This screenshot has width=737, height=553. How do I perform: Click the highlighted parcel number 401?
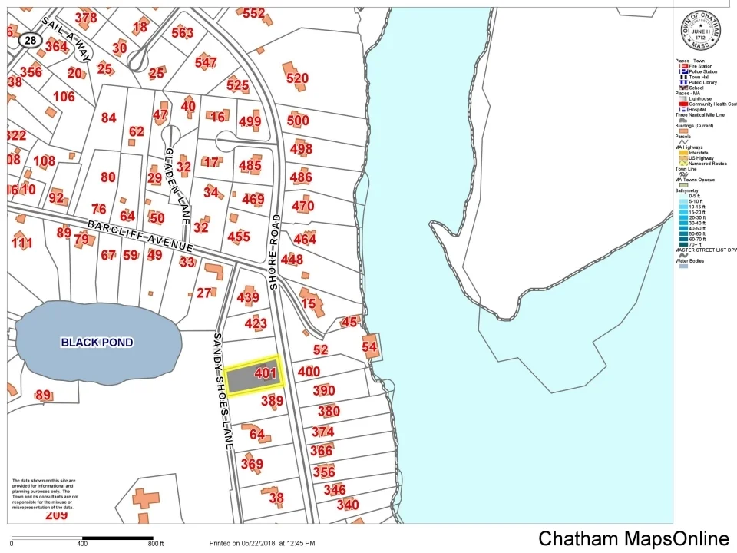pyautogui.click(x=265, y=374)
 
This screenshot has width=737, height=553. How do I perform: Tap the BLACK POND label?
pyautogui.click(x=97, y=343)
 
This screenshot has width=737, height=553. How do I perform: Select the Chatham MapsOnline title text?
pyautogui.click(x=633, y=538)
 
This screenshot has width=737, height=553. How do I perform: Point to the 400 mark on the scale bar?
pyautogui.click(x=82, y=544)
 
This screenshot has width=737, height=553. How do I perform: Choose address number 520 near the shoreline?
pyautogui.click(x=297, y=78)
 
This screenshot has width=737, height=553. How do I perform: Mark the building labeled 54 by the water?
pyautogui.click(x=370, y=347)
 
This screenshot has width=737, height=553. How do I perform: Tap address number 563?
pyautogui.click(x=183, y=32)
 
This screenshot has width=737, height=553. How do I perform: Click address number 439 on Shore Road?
pyautogui.click(x=248, y=297)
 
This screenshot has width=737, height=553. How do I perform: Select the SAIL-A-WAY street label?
pyautogui.click(x=68, y=38)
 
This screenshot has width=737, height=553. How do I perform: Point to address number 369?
pyautogui.click(x=252, y=464)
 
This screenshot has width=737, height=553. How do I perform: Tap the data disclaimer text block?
pyautogui.click(x=45, y=495)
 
